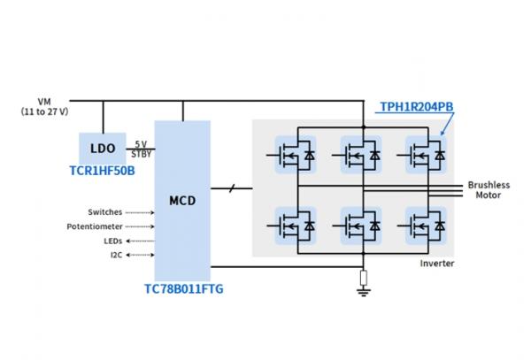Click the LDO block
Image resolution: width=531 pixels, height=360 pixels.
tap(104, 144)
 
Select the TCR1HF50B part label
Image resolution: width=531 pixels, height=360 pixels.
tap(104, 168)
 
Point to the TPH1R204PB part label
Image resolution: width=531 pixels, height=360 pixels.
tap(416, 108)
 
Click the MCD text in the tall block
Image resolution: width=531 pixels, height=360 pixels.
tap(182, 200)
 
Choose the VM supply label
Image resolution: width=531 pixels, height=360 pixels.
tap(45, 100)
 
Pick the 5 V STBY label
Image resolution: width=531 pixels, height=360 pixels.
tap(141, 147)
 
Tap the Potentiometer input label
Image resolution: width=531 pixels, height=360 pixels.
tap(95, 226)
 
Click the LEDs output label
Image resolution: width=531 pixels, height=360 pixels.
tap(112, 241)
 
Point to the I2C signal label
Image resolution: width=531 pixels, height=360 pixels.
tap(116, 255)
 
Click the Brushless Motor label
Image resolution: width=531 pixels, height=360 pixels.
tap(489, 190)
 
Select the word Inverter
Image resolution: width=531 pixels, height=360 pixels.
tap(436, 264)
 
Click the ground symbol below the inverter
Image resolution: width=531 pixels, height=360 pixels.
tap(363, 284)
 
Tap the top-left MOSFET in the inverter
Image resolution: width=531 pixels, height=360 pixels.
tap(296, 155)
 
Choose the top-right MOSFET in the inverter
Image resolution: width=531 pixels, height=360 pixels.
tap(426, 155)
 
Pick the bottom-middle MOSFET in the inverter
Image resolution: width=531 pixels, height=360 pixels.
tap(360, 226)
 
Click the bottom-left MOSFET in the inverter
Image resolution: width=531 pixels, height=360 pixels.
tap(296, 226)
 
